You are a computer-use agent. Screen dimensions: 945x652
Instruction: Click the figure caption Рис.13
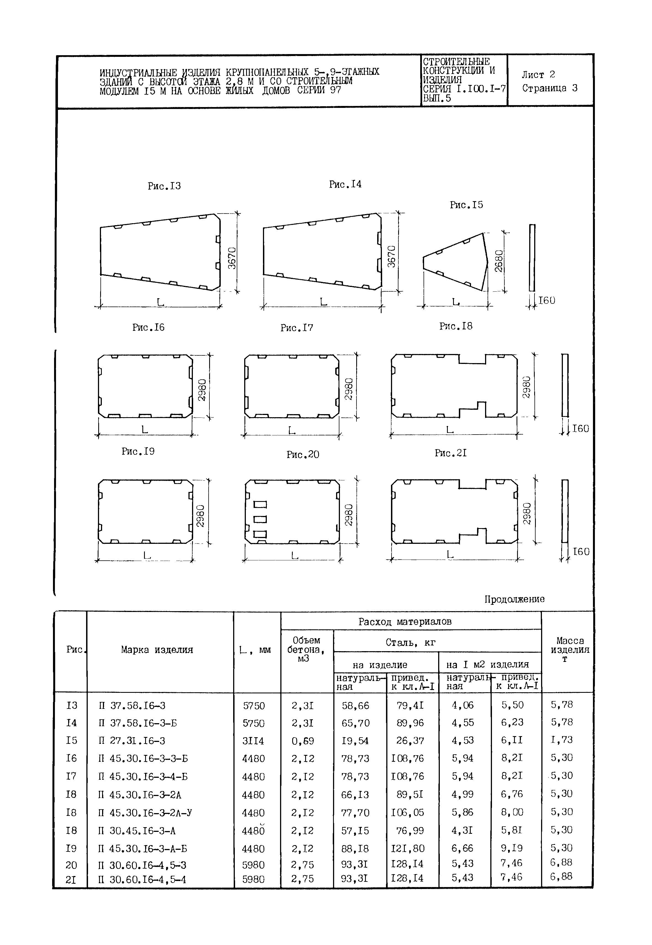[x=164, y=186]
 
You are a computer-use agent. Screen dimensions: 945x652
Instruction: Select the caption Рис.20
[x=302, y=454]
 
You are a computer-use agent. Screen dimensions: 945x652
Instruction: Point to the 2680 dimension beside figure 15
[x=499, y=261]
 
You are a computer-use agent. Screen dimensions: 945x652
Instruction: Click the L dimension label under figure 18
[x=449, y=430]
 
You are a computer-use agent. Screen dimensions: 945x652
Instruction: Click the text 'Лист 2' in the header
[x=538, y=75]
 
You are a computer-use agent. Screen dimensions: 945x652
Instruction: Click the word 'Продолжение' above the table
[x=514, y=599]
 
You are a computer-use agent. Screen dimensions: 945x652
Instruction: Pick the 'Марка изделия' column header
[x=157, y=650]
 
